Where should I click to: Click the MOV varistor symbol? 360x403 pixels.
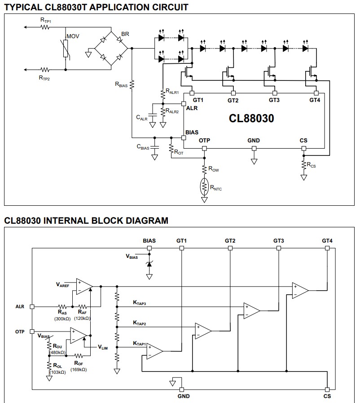coord(66,49)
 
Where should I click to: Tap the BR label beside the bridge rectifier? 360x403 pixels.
coord(125,34)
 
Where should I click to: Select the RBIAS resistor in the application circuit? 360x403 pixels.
coord(132,85)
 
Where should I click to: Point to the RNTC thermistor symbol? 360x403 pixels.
coord(204,186)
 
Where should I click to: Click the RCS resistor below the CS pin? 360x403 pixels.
coord(304,164)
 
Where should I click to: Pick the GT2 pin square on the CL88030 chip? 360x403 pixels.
coord(233,93)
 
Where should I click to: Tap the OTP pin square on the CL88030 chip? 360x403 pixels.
coord(204,148)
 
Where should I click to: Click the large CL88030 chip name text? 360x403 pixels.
coord(251,118)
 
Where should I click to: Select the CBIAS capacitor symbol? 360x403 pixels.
coord(154,147)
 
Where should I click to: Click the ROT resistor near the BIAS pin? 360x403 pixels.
coord(171,149)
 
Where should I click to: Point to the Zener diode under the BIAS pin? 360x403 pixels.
coord(149,264)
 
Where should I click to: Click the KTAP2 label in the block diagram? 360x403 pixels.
coord(140,323)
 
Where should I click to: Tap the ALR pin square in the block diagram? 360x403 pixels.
coord(32,306)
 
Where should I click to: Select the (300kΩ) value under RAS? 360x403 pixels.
coord(62,319)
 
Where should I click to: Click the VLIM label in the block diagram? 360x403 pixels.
coord(103,347)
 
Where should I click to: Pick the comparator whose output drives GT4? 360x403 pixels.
coord(300,290)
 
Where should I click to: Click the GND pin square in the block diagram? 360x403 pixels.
coord(181,390)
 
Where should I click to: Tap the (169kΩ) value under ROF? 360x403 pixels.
coord(79,370)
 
